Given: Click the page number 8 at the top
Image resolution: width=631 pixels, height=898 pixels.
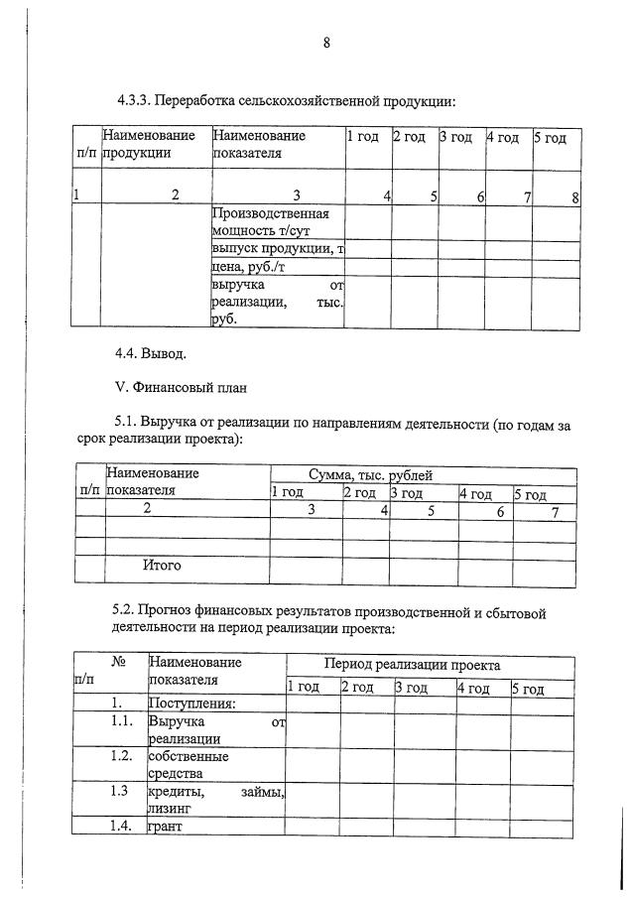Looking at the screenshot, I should [325, 42].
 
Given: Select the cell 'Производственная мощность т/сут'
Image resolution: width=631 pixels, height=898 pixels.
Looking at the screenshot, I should [270, 221].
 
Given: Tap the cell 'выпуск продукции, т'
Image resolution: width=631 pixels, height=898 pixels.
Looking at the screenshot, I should [277, 248].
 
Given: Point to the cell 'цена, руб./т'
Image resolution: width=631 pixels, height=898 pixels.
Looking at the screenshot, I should [249, 267].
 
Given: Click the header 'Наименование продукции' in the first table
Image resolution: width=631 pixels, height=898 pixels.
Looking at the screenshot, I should [149, 144].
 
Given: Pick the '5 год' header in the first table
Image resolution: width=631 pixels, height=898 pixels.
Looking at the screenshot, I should [550, 137].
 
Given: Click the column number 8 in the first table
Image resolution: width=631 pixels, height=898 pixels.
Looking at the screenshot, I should [574, 196].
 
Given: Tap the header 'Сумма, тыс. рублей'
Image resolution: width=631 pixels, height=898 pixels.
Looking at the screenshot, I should [370, 475].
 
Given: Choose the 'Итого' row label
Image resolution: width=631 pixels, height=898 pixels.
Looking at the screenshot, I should [162, 566].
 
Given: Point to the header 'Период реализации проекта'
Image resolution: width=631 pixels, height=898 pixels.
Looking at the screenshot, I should [412, 665].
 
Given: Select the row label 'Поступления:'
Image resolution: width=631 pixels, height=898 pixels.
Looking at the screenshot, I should [191, 704].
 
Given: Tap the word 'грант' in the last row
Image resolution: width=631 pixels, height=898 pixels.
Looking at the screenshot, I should [167, 826].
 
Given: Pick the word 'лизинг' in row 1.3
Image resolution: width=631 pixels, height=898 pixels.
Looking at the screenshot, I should [169, 809].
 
